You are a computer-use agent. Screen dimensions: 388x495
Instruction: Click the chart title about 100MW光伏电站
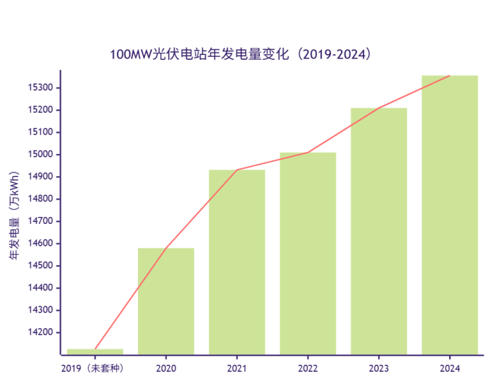(240, 54)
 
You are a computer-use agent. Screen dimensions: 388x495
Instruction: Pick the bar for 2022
(308, 253)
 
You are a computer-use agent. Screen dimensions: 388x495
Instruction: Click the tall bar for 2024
(450, 214)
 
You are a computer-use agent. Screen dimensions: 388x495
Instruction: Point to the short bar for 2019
(95, 351)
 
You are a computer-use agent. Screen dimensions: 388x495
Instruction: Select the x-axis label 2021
(237, 368)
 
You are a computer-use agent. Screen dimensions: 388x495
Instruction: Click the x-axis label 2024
(450, 368)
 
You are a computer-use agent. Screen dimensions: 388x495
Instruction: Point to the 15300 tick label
(40, 88)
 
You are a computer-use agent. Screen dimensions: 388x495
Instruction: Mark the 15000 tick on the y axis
(40, 154)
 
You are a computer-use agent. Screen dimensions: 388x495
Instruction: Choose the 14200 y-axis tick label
(40, 332)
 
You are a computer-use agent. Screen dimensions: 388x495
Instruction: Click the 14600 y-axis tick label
(40, 244)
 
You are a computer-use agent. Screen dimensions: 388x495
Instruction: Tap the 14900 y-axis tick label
(40, 177)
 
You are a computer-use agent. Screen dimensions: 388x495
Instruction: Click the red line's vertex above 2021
(237, 170)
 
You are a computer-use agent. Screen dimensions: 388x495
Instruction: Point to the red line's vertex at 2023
(379, 108)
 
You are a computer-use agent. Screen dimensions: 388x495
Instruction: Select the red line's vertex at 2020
(166, 248)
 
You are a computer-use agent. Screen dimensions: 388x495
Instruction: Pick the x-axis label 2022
(308, 368)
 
